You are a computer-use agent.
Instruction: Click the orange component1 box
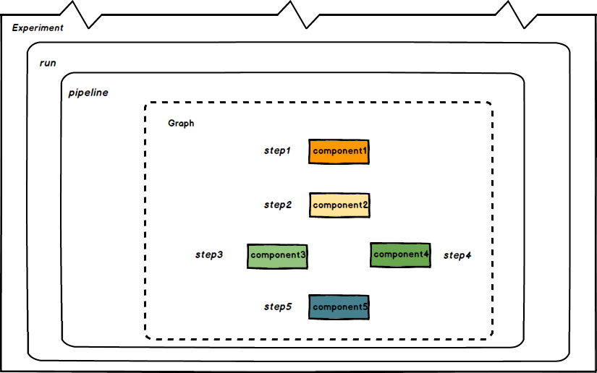tap(339, 151)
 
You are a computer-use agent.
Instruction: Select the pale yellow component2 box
tap(339, 205)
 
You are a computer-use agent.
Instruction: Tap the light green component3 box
tap(277, 256)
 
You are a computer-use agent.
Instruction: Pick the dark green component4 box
tap(400, 254)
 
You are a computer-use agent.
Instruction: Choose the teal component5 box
tap(339, 307)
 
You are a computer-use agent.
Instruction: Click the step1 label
tap(277, 151)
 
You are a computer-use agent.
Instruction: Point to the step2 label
tap(277, 205)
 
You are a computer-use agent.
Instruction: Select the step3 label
tap(209, 255)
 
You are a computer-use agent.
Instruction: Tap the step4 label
tap(457, 255)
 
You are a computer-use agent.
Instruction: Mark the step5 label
tap(277, 307)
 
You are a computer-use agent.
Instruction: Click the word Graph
tap(181, 124)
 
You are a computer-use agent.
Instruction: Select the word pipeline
tap(88, 93)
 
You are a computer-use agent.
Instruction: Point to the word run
tap(48, 63)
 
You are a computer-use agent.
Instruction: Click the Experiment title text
tap(38, 27)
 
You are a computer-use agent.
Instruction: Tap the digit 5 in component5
tap(365, 307)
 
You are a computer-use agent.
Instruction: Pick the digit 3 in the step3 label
tap(219, 255)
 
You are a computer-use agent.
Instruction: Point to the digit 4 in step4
tap(468, 255)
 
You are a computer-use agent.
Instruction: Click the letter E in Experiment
tap(15, 27)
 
